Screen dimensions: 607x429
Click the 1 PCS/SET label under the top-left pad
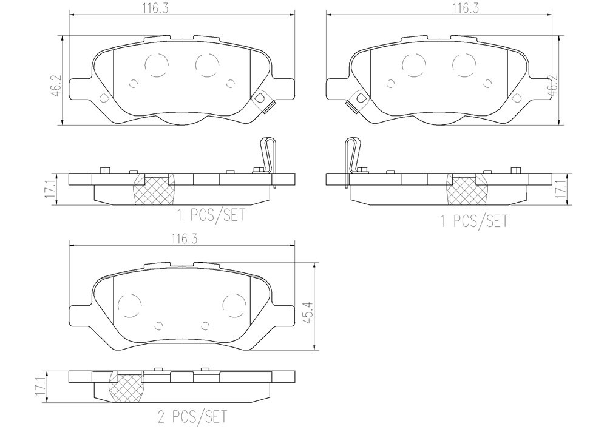tap(211, 215)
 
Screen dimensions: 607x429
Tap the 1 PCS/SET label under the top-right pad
tap(474, 221)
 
